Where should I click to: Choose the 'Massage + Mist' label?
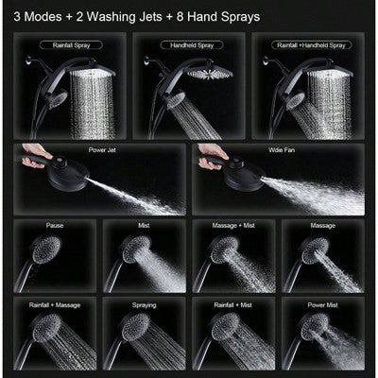coord(230,225)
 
